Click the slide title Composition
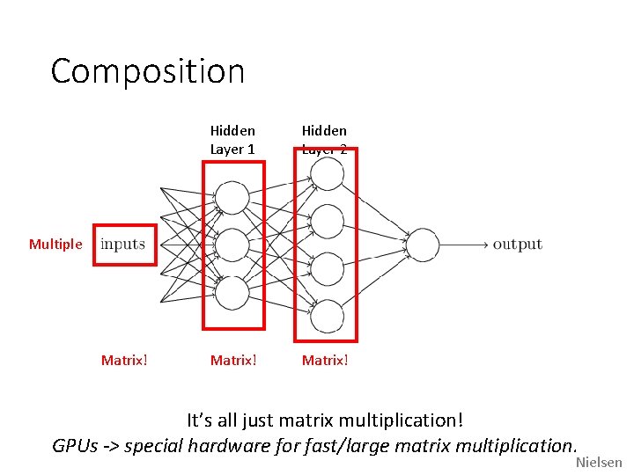point(147,71)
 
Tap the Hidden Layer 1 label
point(232,140)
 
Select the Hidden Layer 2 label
point(325,140)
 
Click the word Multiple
point(55,245)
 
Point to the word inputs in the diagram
point(122,245)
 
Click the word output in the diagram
point(517,245)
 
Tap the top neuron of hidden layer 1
point(232,197)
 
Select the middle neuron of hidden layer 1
point(232,245)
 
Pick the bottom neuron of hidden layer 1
point(232,293)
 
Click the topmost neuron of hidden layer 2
point(326,174)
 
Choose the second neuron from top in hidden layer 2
point(326,221)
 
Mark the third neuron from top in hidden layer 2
point(326,268)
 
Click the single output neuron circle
point(422,245)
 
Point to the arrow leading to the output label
point(463,245)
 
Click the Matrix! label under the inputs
point(124,360)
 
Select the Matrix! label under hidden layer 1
point(233,360)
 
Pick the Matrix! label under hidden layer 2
point(325,360)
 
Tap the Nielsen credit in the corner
point(599,463)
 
